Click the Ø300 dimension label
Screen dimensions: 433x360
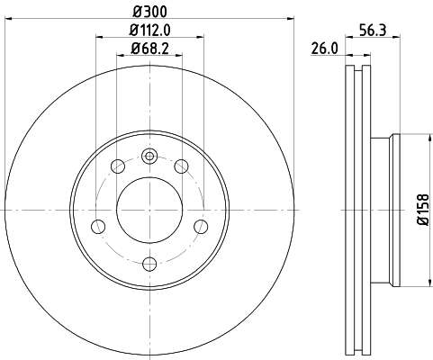(x=149, y=12)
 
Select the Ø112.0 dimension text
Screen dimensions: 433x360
(x=149, y=30)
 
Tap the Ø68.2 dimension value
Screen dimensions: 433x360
(x=149, y=49)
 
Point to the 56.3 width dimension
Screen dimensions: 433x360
(x=373, y=31)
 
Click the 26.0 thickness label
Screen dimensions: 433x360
(x=324, y=49)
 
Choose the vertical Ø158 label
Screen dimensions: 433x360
(x=423, y=210)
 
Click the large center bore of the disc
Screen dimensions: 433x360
(x=149, y=210)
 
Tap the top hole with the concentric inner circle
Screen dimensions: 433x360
(x=149, y=156)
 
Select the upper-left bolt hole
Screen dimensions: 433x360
(x=118, y=166)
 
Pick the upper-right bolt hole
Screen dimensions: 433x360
(x=181, y=166)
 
